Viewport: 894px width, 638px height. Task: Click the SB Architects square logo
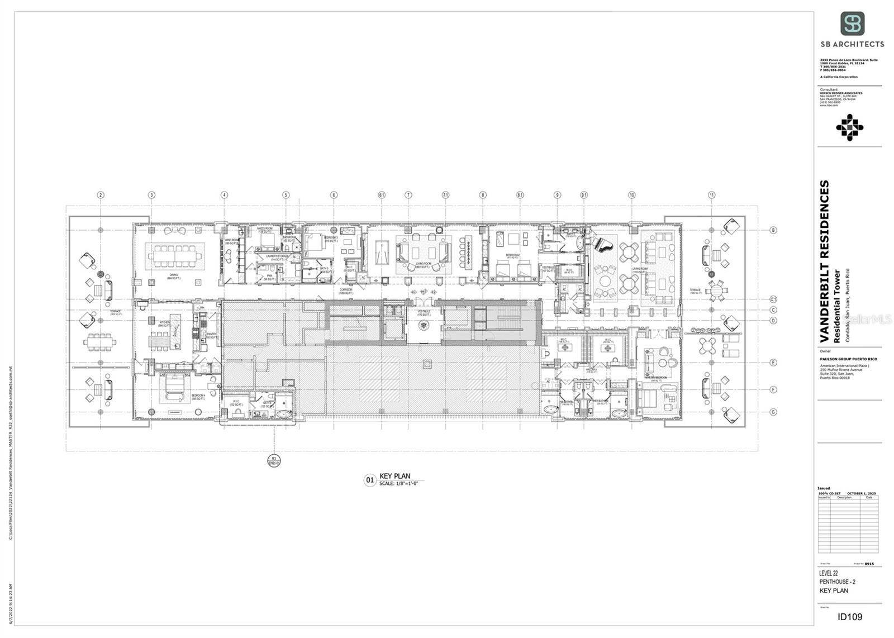point(852,23)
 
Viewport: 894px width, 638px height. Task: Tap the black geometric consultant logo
point(849,127)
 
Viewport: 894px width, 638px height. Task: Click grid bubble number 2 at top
point(101,195)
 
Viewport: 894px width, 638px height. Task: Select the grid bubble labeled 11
point(711,195)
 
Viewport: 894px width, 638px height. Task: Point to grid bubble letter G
point(773,412)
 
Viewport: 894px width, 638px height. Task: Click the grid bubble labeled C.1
point(773,299)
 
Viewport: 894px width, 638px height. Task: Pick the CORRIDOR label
point(346,290)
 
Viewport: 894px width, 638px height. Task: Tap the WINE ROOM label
point(231,241)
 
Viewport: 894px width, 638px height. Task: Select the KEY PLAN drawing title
point(394,476)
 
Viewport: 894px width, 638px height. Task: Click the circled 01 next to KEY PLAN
point(369,480)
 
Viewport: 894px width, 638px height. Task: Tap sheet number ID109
point(850,617)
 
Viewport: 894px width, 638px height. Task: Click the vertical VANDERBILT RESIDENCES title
point(824,261)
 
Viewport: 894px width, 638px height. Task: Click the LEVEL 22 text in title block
point(829,573)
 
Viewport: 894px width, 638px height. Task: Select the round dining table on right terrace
point(716,290)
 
